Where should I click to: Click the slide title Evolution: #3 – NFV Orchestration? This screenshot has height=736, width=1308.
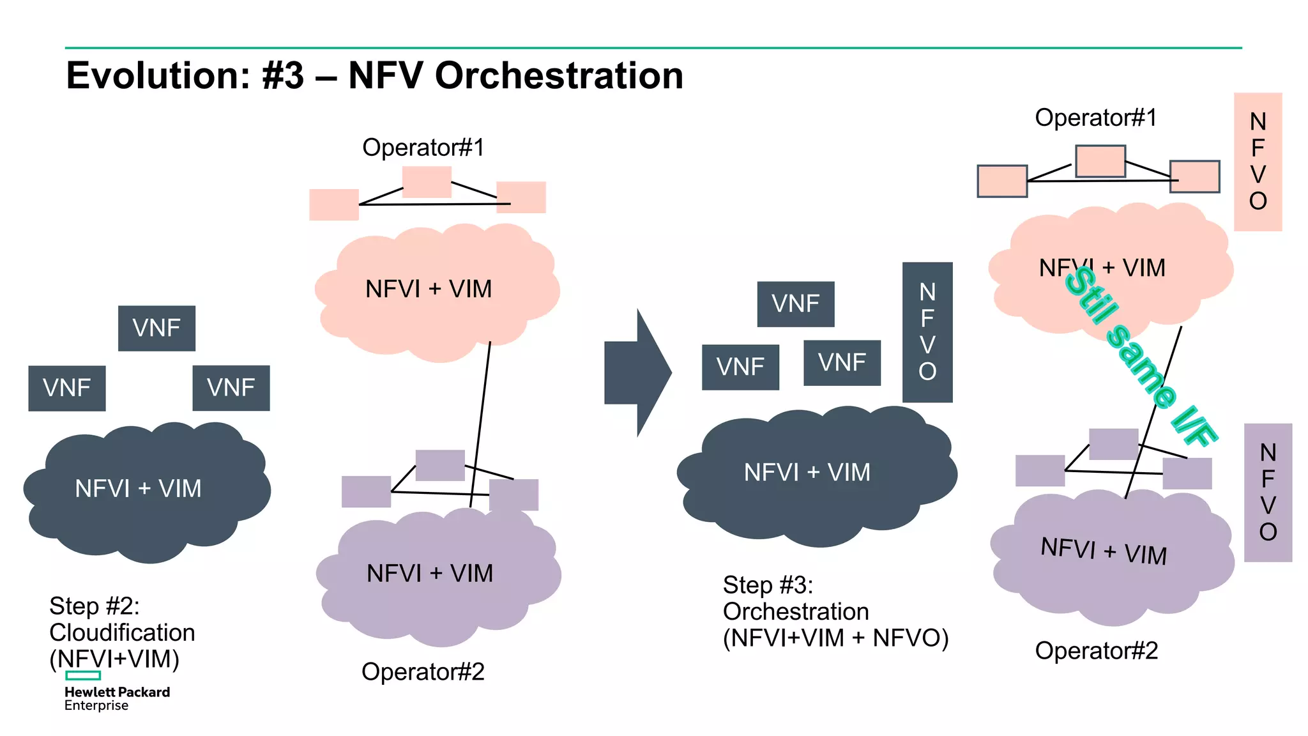coord(374,75)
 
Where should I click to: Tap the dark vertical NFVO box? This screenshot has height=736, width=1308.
coord(927,332)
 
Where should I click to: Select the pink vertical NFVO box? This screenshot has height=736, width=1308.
coord(1257,161)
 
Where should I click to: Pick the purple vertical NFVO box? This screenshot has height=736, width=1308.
coord(1267,492)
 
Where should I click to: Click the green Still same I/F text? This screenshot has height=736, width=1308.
coord(1141,357)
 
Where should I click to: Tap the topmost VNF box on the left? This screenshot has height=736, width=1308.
coord(156,328)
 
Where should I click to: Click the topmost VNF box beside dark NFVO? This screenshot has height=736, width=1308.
coord(795,303)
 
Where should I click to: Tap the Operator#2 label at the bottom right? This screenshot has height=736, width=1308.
coord(1096,650)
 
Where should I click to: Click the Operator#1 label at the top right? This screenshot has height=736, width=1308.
coord(1095,118)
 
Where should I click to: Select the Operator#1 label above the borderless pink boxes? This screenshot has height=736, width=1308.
coord(423,148)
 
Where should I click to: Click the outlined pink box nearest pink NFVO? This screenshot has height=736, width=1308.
coord(1195,176)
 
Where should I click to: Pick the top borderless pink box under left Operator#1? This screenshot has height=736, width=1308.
coord(427,181)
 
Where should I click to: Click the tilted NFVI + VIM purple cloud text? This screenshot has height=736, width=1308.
coord(1103,551)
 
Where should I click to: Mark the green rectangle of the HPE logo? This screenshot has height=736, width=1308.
coord(83,675)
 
